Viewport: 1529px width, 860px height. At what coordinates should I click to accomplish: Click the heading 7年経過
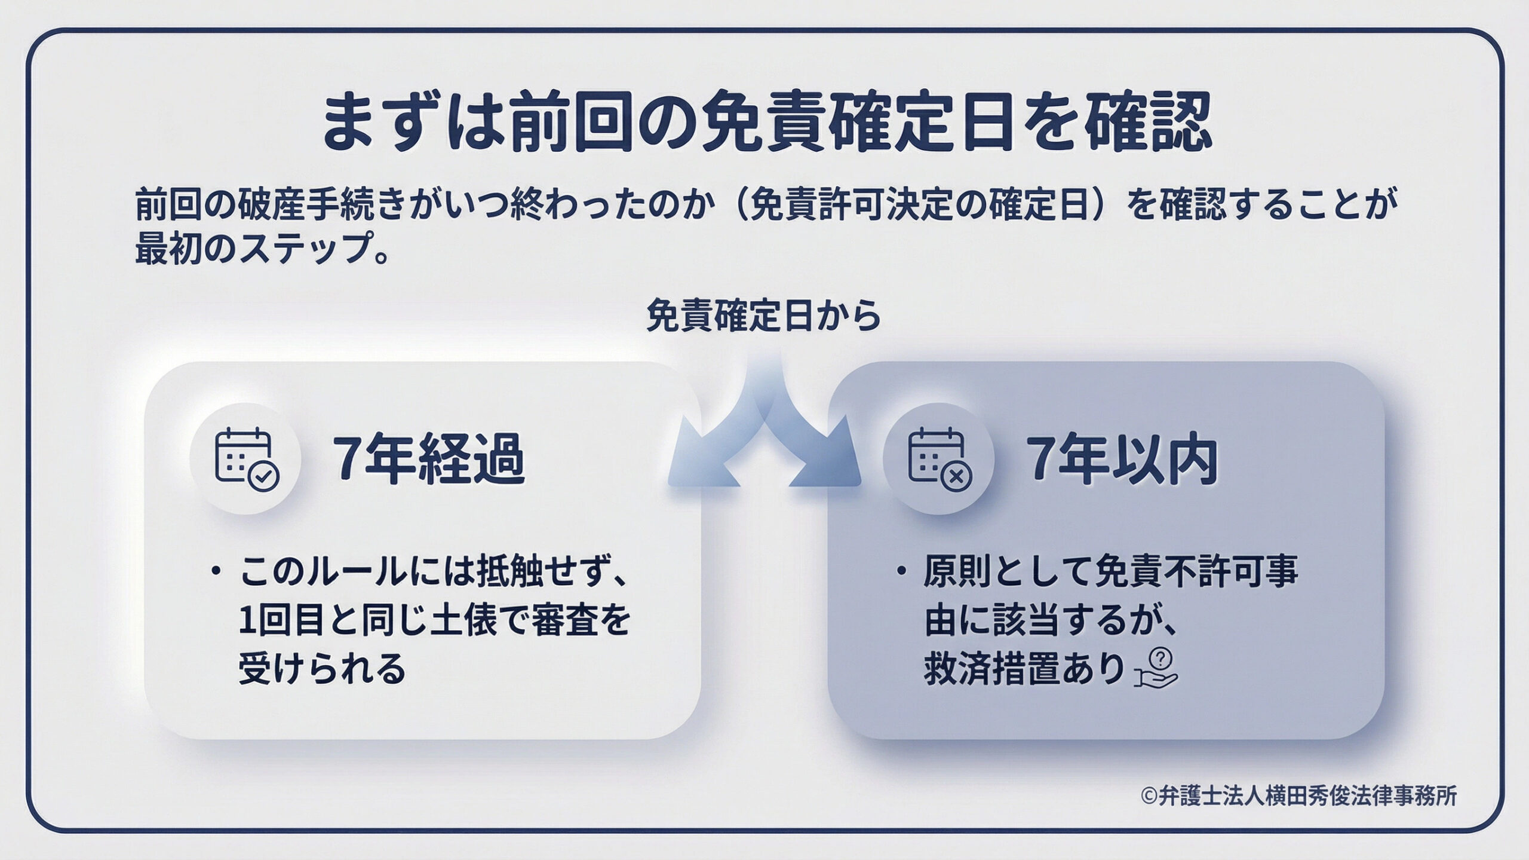[x=429, y=459]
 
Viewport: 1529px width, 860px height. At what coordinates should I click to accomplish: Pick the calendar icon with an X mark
[x=939, y=459]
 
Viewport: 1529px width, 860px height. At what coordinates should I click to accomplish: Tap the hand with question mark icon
[x=1156, y=668]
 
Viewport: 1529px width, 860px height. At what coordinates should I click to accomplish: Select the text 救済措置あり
[x=1024, y=669]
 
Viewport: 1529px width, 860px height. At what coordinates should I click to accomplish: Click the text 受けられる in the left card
[x=322, y=669]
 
